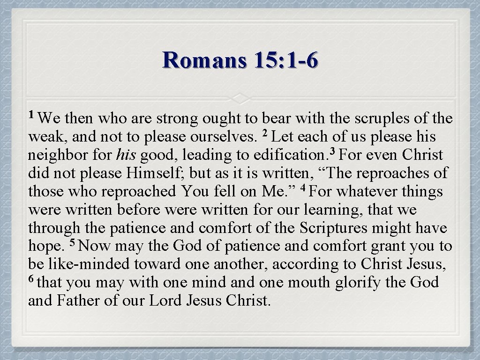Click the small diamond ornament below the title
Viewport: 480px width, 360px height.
(240, 98)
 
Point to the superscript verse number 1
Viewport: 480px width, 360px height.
(31, 114)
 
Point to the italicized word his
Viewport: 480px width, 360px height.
(127, 156)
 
